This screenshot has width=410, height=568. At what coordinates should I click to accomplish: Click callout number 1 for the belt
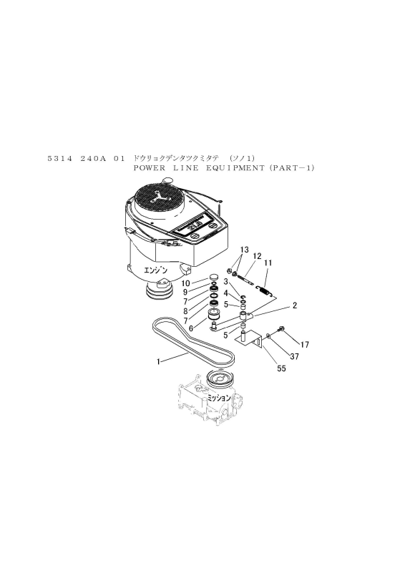[x=158, y=361]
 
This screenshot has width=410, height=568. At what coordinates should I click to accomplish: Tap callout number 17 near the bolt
[x=305, y=345]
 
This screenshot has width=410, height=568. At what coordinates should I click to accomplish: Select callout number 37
[x=295, y=356]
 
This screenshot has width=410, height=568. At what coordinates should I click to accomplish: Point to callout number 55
[x=281, y=368]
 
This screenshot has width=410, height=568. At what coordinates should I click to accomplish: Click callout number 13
[x=245, y=250]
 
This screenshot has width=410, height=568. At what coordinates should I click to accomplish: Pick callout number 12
[x=257, y=257]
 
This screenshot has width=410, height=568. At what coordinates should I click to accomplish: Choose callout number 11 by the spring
[x=268, y=263]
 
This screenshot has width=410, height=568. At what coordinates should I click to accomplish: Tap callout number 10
[x=185, y=283]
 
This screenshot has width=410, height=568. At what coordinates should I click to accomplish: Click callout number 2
[x=295, y=305]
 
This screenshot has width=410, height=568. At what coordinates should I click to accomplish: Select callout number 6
[x=191, y=328]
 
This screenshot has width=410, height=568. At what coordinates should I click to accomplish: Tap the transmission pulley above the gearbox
[x=220, y=380]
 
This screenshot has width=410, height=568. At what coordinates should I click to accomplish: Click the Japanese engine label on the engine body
[x=156, y=270]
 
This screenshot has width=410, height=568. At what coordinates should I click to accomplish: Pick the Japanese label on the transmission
[x=219, y=398]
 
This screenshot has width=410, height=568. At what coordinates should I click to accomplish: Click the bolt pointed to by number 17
[x=281, y=329]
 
